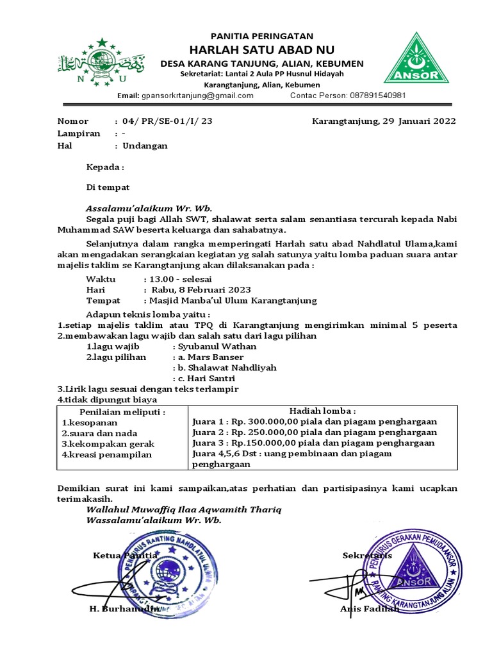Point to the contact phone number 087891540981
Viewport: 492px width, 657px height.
(x=377, y=96)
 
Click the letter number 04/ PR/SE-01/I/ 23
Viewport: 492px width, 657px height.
(x=167, y=121)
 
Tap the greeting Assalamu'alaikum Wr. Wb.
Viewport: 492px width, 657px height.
(x=149, y=208)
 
